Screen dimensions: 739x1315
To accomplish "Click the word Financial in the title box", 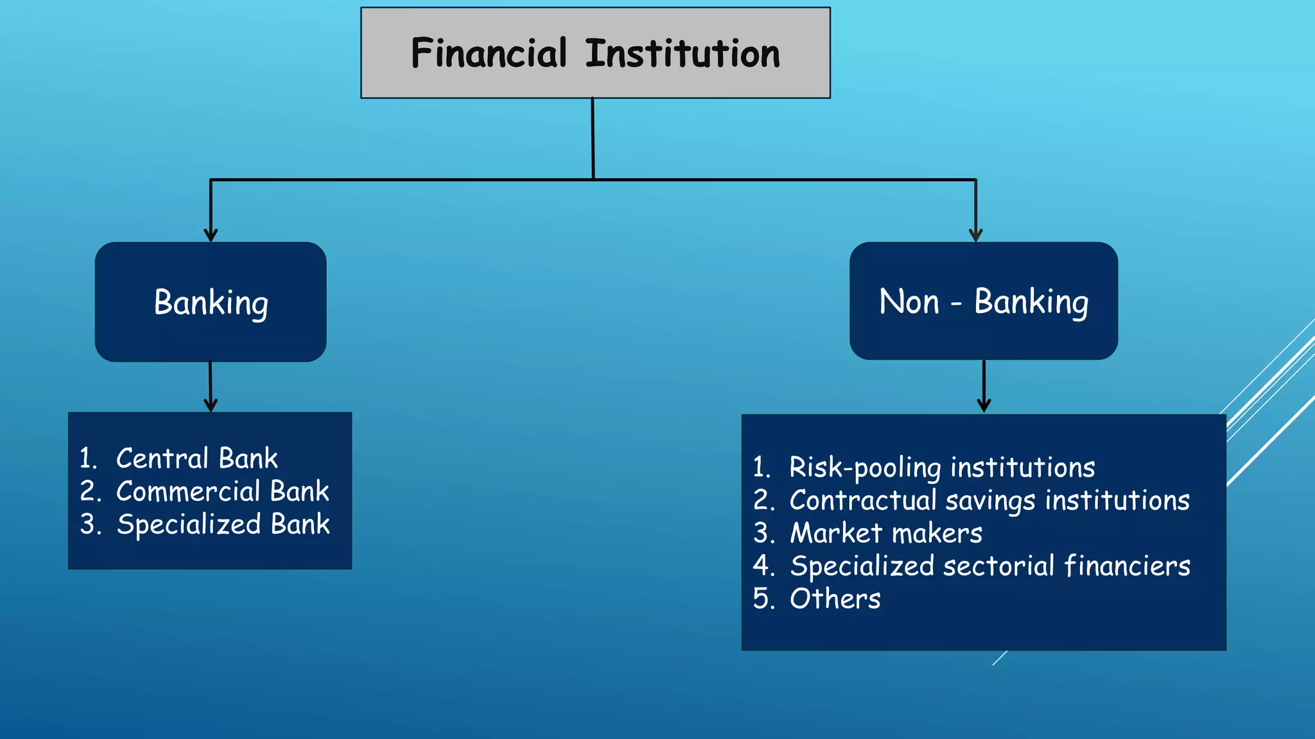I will tap(489, 53).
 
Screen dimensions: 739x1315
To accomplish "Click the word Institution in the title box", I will tap(683, 53).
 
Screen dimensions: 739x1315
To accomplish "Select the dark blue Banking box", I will tap(211, 302).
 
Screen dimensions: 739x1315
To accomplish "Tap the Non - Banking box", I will tap(983, 302).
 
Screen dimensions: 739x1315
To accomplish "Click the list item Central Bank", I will tap(196, 459).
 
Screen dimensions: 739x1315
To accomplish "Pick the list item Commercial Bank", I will tap(222, 491).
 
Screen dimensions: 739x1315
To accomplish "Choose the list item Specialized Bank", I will tap(223, 524).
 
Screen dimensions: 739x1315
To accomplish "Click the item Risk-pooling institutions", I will tap(941, 468).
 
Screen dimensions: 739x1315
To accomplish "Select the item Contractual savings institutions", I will tap(989, 500).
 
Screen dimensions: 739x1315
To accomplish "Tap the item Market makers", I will tap(885, 533).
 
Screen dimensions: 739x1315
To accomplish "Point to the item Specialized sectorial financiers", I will tap(989, 566).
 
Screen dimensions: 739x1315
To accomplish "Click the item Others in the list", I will tap(835, 599).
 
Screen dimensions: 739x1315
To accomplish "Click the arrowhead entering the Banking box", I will tap(211, 234).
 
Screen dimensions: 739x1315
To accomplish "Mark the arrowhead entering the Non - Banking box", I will tap(976, 234).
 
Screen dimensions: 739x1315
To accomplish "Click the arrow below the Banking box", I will tap(210, 387).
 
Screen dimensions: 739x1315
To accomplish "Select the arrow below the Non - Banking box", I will tap(984, 387).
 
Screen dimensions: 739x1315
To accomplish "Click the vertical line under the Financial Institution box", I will tap(593, 138).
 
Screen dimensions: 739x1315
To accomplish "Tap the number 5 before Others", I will tap(762, 599).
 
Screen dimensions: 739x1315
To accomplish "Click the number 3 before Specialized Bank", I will tap(89, 524).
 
